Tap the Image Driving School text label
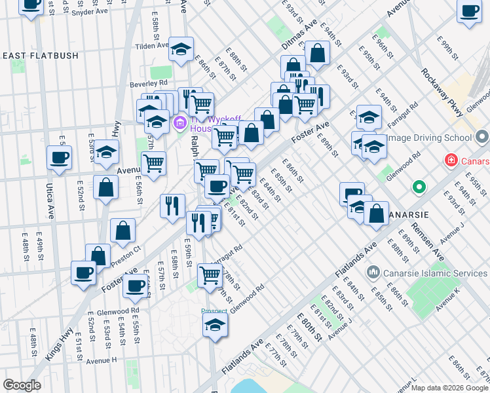pos(429,138)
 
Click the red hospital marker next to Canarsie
pos(451,160)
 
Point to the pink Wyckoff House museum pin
pos(179,122)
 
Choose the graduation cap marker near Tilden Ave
pos(181,49)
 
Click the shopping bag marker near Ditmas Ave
pos(317,54)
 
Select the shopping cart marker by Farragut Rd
pos(209,275)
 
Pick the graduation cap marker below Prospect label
pos(215,325)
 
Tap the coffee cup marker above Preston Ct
pos(83,273)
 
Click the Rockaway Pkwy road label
pos(442,92)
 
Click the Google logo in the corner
pos(22,385)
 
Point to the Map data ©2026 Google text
pos(449,388)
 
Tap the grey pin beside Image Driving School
pos(482,138)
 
